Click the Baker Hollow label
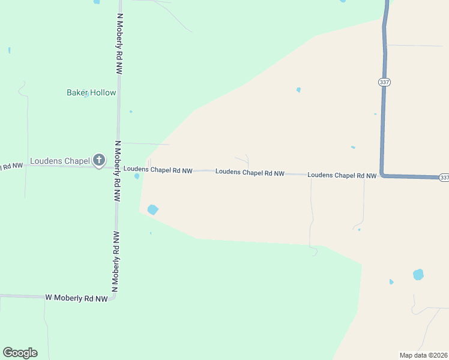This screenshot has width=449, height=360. [x=91, y=92]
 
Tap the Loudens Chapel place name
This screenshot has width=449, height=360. [x=59, y=161]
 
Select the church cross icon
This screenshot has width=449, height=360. [x=99, y=160]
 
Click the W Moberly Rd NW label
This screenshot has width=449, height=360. [x=76, y=298]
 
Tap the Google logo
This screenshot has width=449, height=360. [x=20, y=353]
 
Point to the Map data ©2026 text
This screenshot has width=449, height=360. [x=423, y=355]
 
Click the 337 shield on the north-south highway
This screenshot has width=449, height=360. [x=384, y=82]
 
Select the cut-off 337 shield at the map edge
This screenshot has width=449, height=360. [x=444, y=178]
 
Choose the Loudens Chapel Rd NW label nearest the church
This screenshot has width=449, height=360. [x=158, y=170]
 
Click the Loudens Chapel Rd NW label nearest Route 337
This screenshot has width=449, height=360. [x=342, y=175]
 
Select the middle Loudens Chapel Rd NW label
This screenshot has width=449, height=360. [x=250, y=172]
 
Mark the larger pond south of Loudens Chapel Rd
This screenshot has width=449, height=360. [x=152, y=209]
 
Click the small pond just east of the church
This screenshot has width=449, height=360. [x=137, y=176]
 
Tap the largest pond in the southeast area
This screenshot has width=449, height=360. [x=418, y=275]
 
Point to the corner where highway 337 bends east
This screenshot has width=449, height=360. [x=382, y=175]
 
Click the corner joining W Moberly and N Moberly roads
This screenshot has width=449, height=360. [x=113, y=296]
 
